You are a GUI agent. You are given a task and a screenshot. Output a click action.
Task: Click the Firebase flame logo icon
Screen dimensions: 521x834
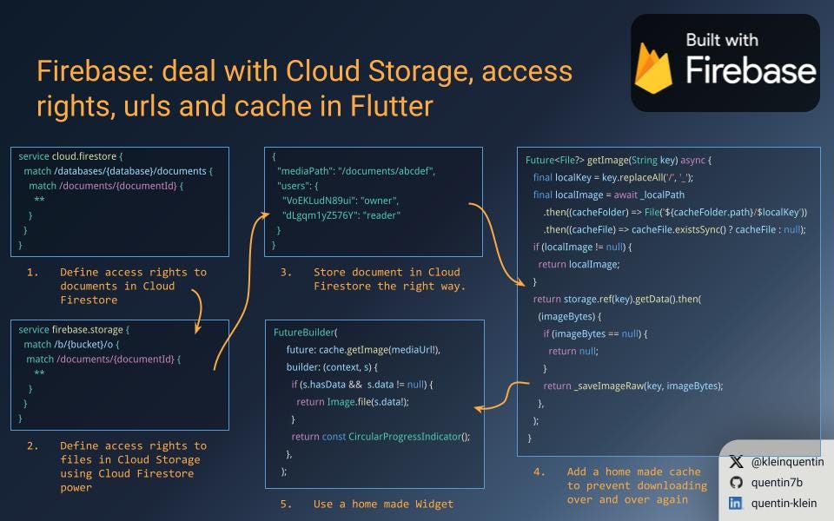(654, 68)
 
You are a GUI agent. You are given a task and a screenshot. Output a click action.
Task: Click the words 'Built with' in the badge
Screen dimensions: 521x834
(721, 40)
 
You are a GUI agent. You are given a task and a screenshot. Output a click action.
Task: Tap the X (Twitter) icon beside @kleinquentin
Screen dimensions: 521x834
(736, 462)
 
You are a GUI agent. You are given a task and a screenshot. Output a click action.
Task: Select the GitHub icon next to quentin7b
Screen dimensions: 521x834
(736, 482)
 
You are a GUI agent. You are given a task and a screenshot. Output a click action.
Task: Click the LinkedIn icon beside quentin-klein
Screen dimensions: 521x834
(736, 503)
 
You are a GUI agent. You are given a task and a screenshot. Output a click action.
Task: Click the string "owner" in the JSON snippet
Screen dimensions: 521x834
(379, 201)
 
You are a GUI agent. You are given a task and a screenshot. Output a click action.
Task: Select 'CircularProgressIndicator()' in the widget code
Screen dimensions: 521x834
(408, 437)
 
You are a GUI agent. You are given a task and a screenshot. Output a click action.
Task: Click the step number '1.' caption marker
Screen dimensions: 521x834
(32, 273)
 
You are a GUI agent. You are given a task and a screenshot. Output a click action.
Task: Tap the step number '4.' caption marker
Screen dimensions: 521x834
(539, 472)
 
